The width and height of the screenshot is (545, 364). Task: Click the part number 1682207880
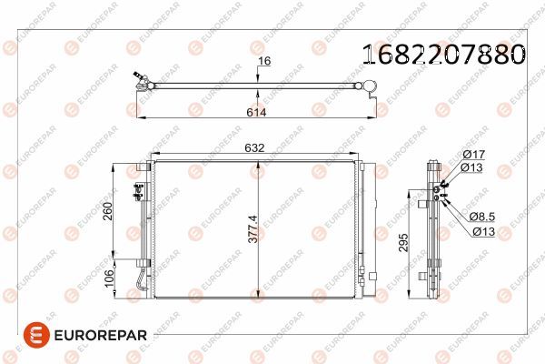coord(443,55)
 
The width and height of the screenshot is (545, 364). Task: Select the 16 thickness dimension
coord(265,61)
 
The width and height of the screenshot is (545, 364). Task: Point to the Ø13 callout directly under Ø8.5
coord(482,230)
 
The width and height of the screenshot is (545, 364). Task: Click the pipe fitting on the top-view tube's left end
coord(140,83)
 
